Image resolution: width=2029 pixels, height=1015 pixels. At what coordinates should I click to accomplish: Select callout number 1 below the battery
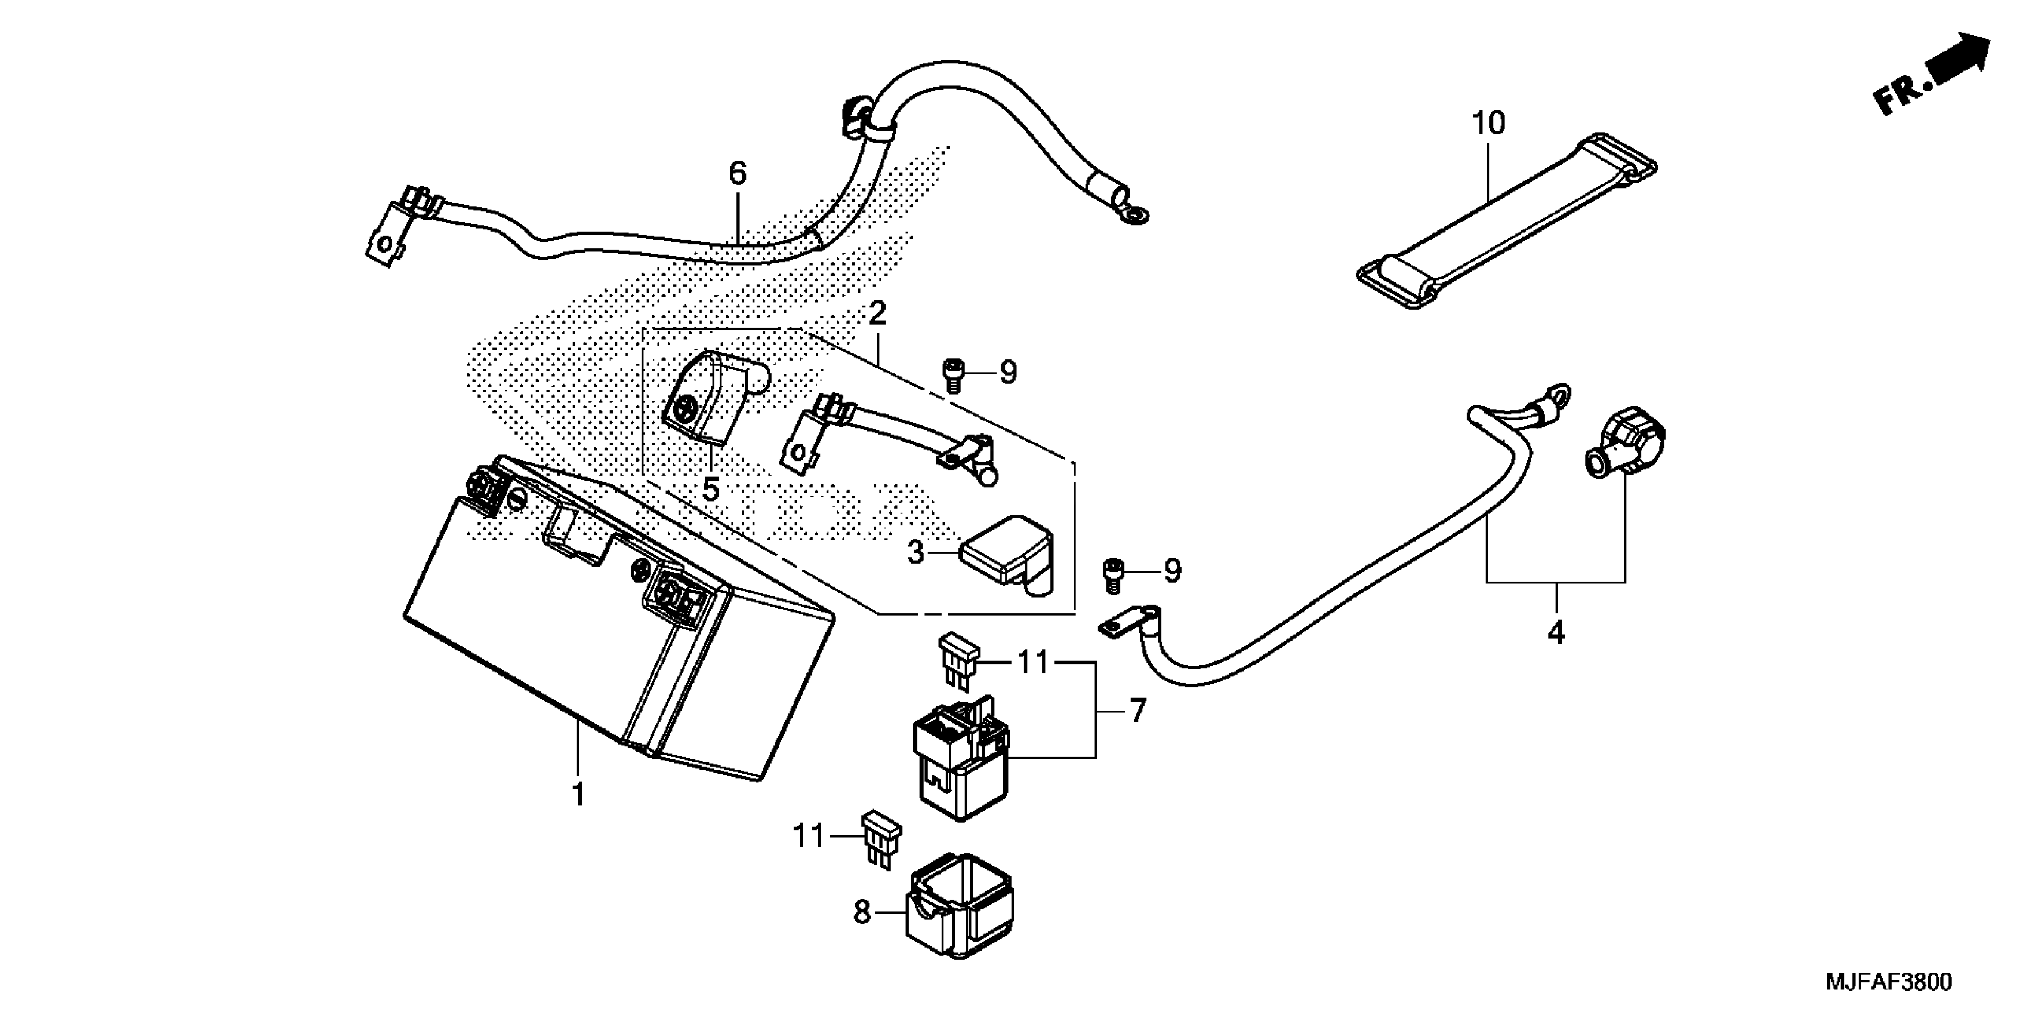tap(578, 794)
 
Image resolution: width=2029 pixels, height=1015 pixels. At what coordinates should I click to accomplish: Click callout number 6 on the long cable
tap(737, 173)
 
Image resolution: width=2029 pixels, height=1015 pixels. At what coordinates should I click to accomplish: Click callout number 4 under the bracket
tap(1556, 633)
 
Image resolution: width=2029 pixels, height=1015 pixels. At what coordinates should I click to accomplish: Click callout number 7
tap(1137, 712)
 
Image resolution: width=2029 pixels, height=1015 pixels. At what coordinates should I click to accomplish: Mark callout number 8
tap(862, 912)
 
